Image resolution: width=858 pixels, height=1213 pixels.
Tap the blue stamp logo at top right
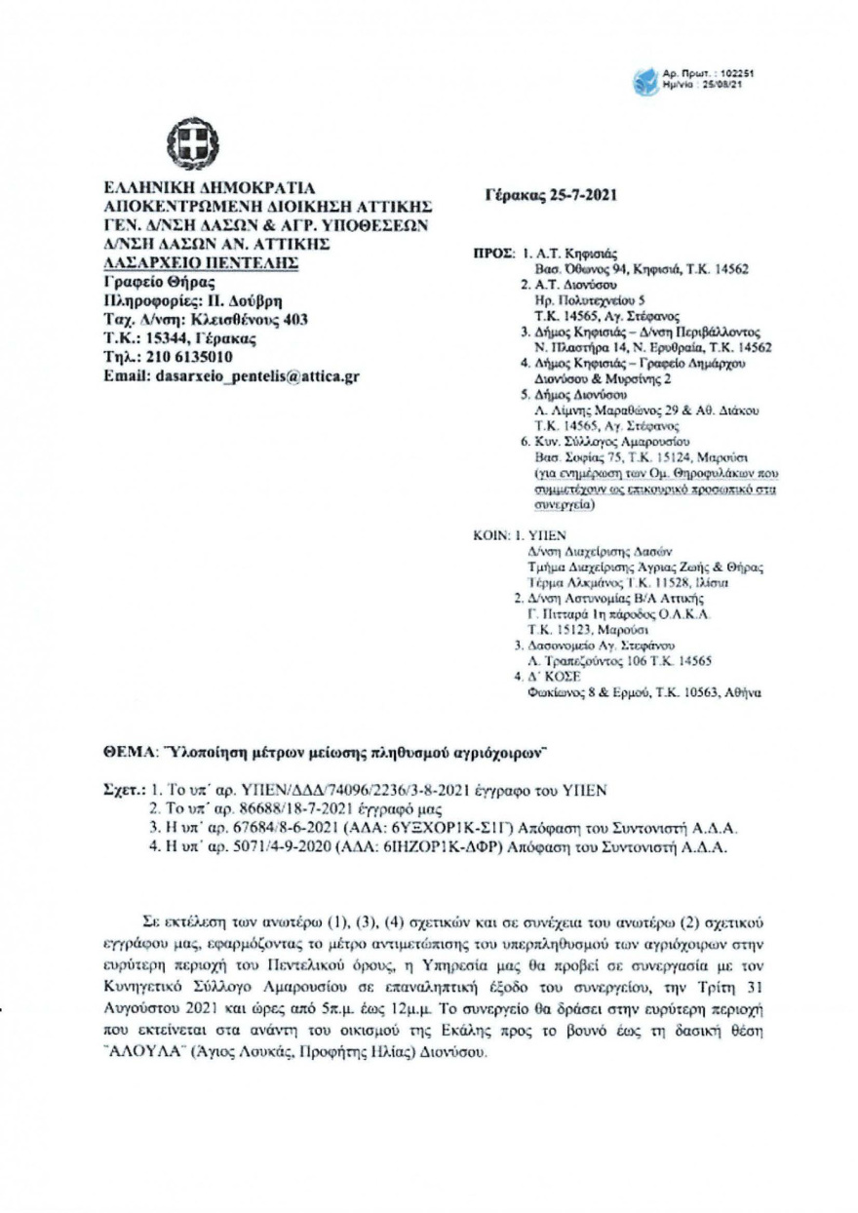[x=645, y=80]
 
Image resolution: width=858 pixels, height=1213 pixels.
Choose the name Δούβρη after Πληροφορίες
[x=242, y=302]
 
